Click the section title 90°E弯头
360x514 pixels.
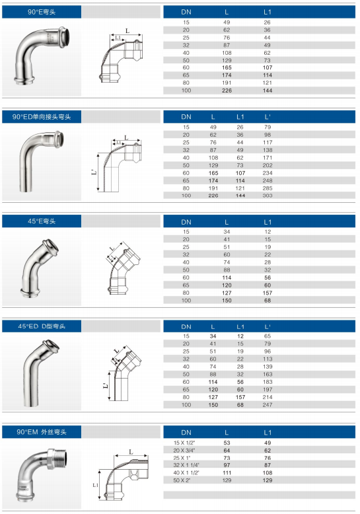[42, 12]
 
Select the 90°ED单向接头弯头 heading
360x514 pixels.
[42, 117]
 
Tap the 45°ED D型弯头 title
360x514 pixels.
[42, 326]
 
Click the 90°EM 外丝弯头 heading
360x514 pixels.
[42, 432]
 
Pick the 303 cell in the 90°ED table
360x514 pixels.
[268, 196]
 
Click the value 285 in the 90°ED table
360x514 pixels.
[268, 188]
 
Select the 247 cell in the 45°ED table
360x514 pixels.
[268, 405]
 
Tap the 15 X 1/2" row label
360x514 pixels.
[184, 443]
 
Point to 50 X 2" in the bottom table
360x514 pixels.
[182, 480]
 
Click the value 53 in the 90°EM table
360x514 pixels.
[227, 443]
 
